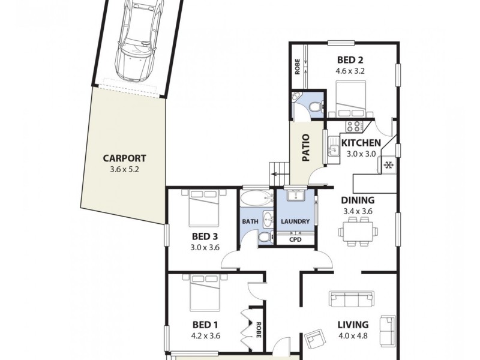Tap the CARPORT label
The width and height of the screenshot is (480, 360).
pos(124,158)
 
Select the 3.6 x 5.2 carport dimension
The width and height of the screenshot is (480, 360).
pos(124,170)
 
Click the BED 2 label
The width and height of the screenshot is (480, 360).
pos(350,59)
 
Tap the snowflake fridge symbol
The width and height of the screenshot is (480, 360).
pos(388,164)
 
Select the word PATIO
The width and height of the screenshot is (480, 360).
pos(305,147)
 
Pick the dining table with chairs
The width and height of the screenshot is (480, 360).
pos(359,230)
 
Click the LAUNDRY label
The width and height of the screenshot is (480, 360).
pos(295,221)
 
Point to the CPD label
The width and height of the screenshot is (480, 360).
pos(295,240)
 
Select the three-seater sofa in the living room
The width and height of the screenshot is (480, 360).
pos(351,299)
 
